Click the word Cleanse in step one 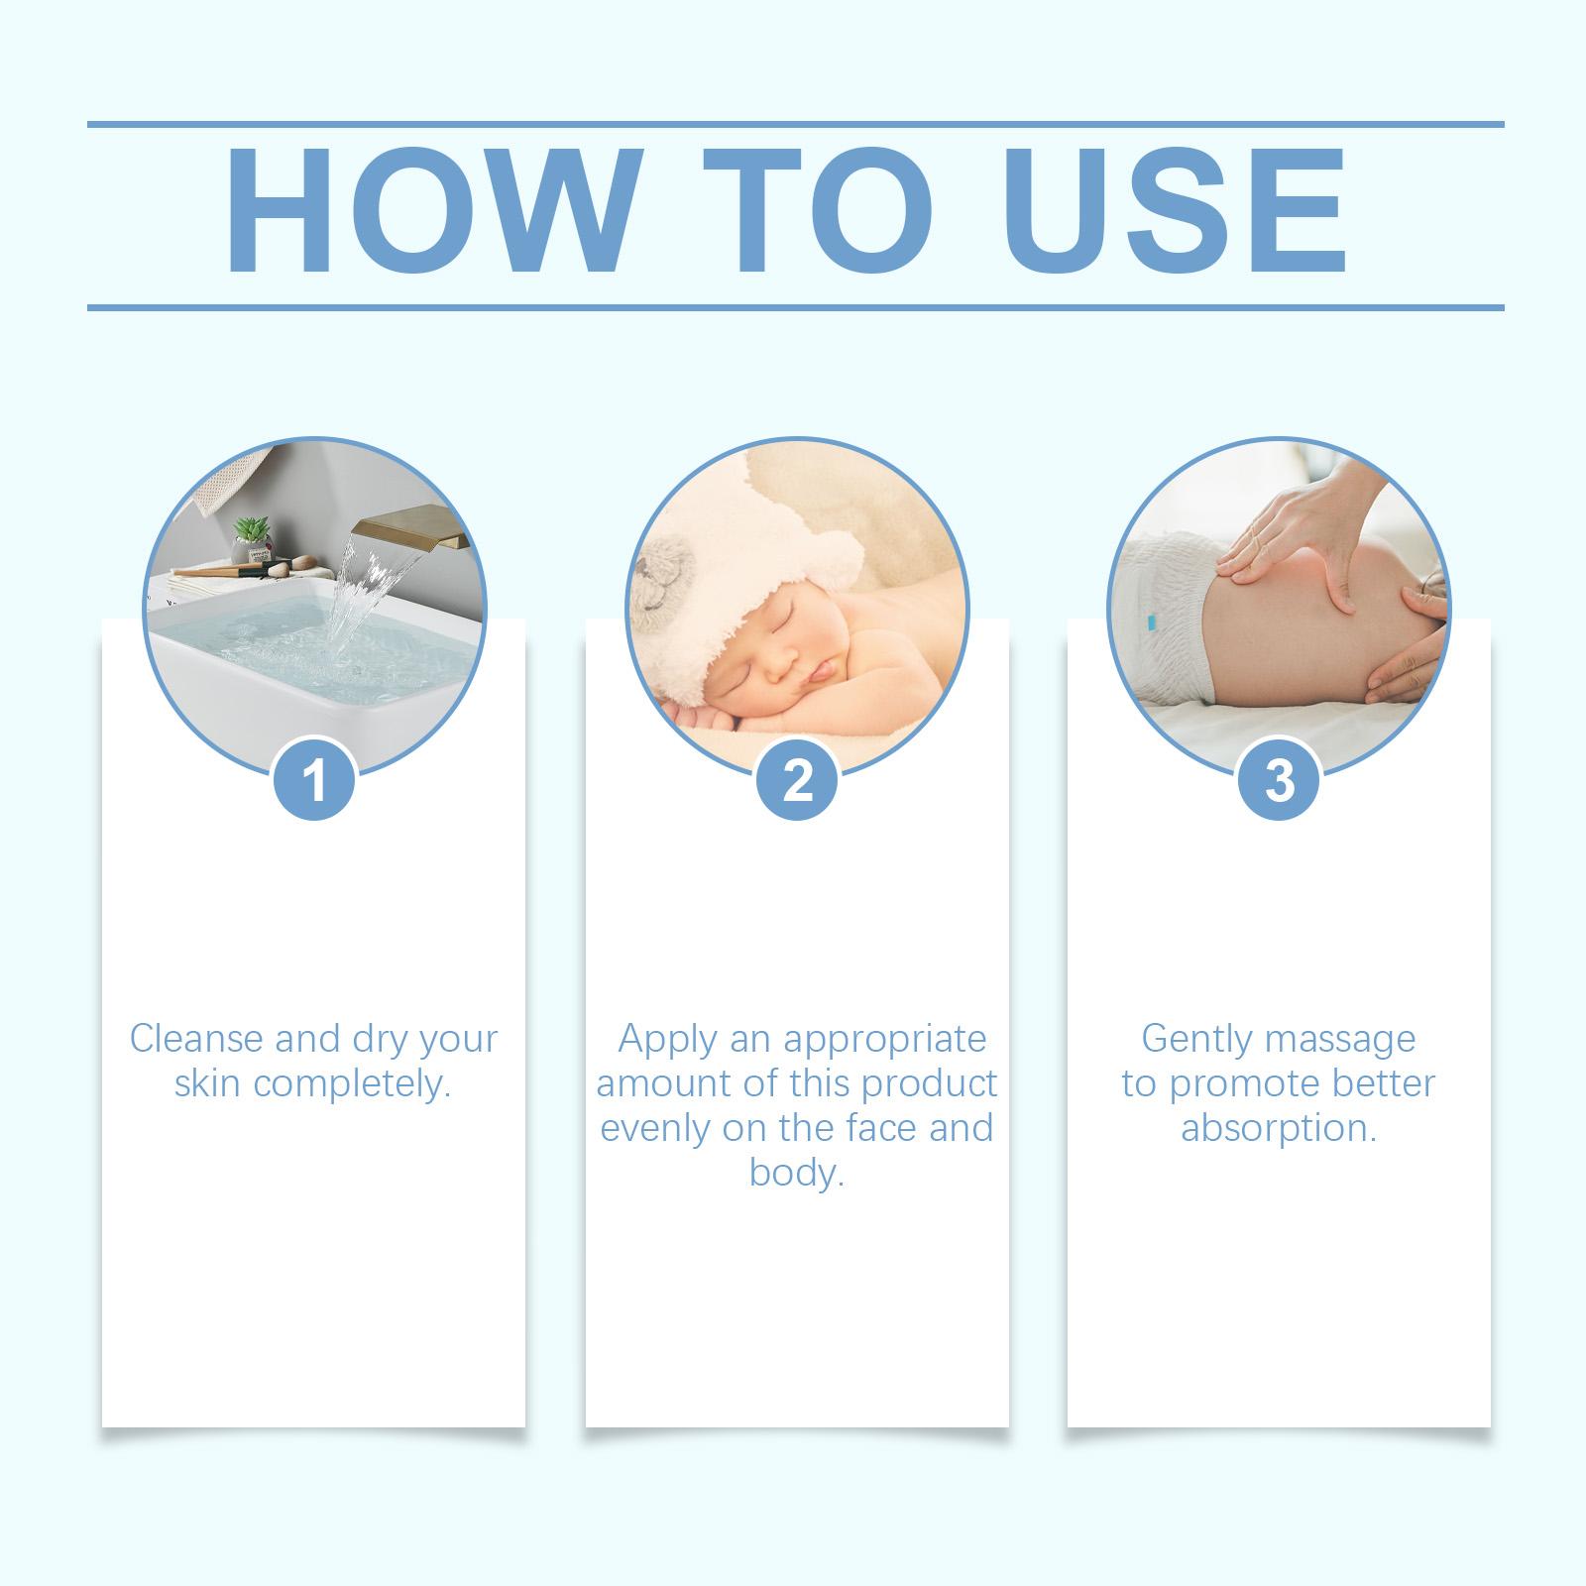point(196,1039)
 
